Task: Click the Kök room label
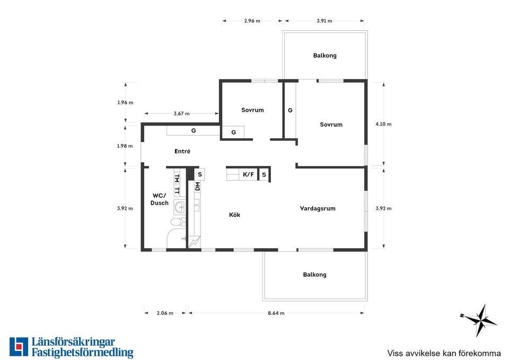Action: (x=234, y=215)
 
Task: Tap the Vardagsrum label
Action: (x=318, y=209)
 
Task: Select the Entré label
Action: (x=182, y=151)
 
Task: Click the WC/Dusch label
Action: (x=160, y=199)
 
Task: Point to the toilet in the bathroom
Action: (x=178, y=222)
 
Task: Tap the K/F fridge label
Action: (x=248, y=174)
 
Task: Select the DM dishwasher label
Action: (x=197, y=186)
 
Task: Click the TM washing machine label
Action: (x=177, y=178)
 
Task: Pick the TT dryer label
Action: (x=177, y=190)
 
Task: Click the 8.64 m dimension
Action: (x=276, y=313)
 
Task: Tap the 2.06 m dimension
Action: (x=165, y=313)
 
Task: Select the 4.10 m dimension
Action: (x=383, y=124)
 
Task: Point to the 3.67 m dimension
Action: (x=181, y=113)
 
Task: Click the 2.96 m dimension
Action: (x=252, y=21)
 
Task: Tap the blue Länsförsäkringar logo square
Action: (x=19, y=347)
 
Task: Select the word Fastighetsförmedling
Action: (x=83, y=353)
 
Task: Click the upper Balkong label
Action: (x=324, y=56)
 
